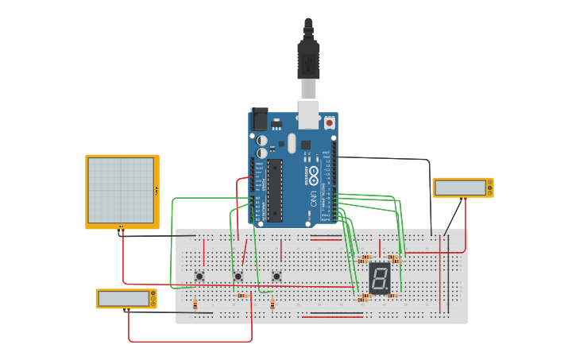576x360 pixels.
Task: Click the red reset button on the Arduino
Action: [329, 123]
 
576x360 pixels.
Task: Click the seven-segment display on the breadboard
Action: [380, 278]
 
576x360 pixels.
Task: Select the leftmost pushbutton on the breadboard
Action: [199, 276]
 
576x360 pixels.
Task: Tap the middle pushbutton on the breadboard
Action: [238, 276]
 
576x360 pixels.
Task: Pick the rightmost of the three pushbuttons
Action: [276, 276]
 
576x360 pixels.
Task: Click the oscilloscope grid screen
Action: [120, 190]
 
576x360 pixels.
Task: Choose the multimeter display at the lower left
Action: [124, 298]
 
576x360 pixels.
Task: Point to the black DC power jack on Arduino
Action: [258, 119]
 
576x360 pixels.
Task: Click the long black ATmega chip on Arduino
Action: [274, 189]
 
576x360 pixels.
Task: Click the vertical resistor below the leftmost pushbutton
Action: [195, 304]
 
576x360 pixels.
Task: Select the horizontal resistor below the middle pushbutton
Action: [243, 295]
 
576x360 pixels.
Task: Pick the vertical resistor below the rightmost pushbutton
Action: [273, 304]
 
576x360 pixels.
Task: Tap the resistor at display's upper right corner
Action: [394, 259]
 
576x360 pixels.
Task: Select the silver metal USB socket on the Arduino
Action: [308, 114]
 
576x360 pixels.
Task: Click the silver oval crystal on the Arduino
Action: [292, 143]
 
